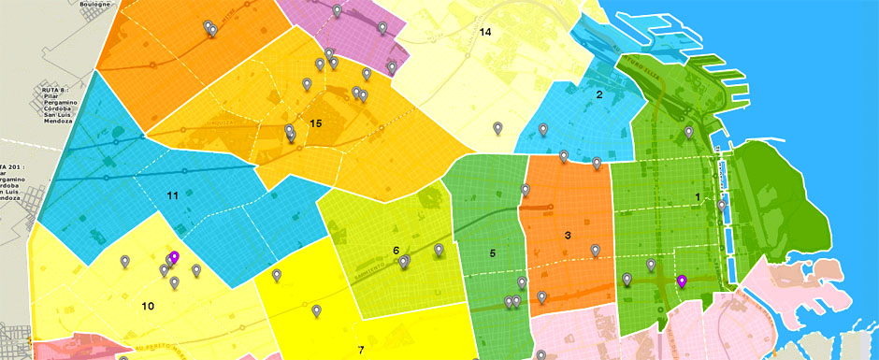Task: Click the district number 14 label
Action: pos(485,33)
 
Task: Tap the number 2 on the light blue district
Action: pos(599,94)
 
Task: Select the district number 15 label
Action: pos(316,123)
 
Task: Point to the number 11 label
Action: pos(172,195)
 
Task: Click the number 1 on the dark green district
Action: pos(697,196)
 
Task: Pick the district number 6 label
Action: pos(396,251)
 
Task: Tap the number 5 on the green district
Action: pos(492,253)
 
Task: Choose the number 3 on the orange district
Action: pos(568,235)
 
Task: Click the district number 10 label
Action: pos(148,306)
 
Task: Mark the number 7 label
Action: pos(360,350)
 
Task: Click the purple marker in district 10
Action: pos(174,256)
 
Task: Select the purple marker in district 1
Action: pos(682,281)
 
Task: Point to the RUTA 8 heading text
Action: pos(57,91)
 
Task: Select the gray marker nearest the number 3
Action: pos(595,250)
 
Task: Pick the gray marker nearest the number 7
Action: pos(317,310)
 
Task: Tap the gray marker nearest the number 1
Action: pos(722,204)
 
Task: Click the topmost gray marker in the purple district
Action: pos(337,9)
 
